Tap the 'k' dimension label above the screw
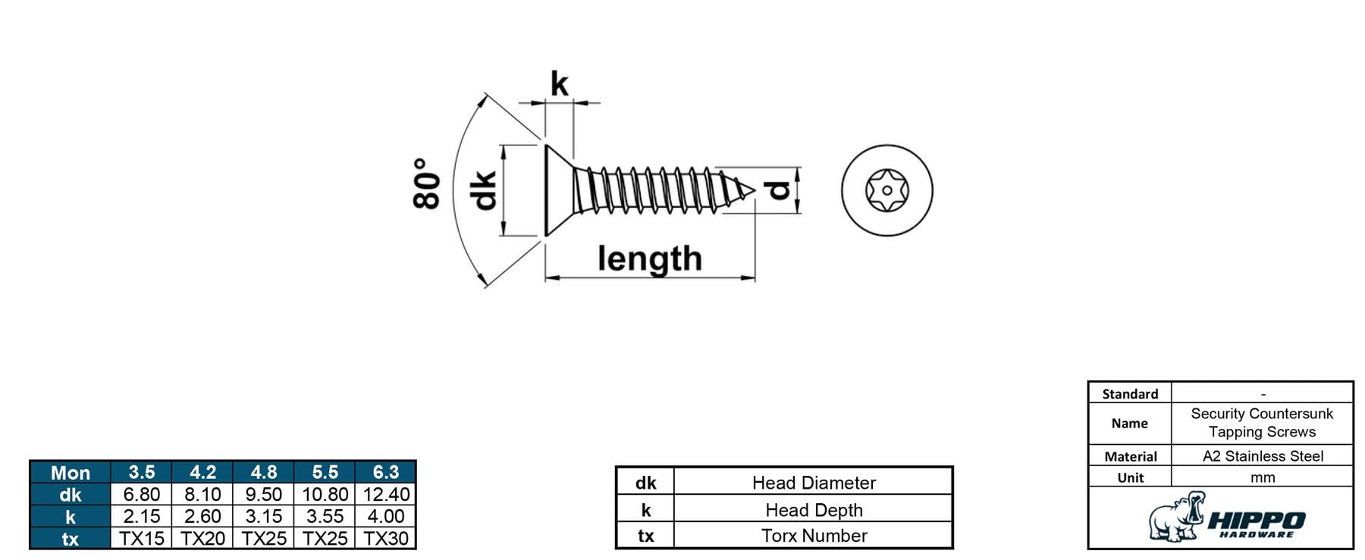(x=559, y=83)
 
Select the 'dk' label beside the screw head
(x=483, y=190)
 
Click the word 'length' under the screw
(x=650, y=259)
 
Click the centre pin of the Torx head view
(x=886, y=190)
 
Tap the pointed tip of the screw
(x=755, y=189)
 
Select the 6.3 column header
(x=385, y=472)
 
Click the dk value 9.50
(x=264, y=494)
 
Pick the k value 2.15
(x=142, y=516)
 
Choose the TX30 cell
(x=385, y=538)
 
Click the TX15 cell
(x=142, y=538)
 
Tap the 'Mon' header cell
(x=71, y=473)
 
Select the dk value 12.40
(x=385, y=494)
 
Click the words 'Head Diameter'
(x=814, y=483)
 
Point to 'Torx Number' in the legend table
(x=814, y=536)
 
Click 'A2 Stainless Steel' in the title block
(x=1263, y=456)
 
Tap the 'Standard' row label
(x=1130, y=394)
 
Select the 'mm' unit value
(x=1263, y=477)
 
